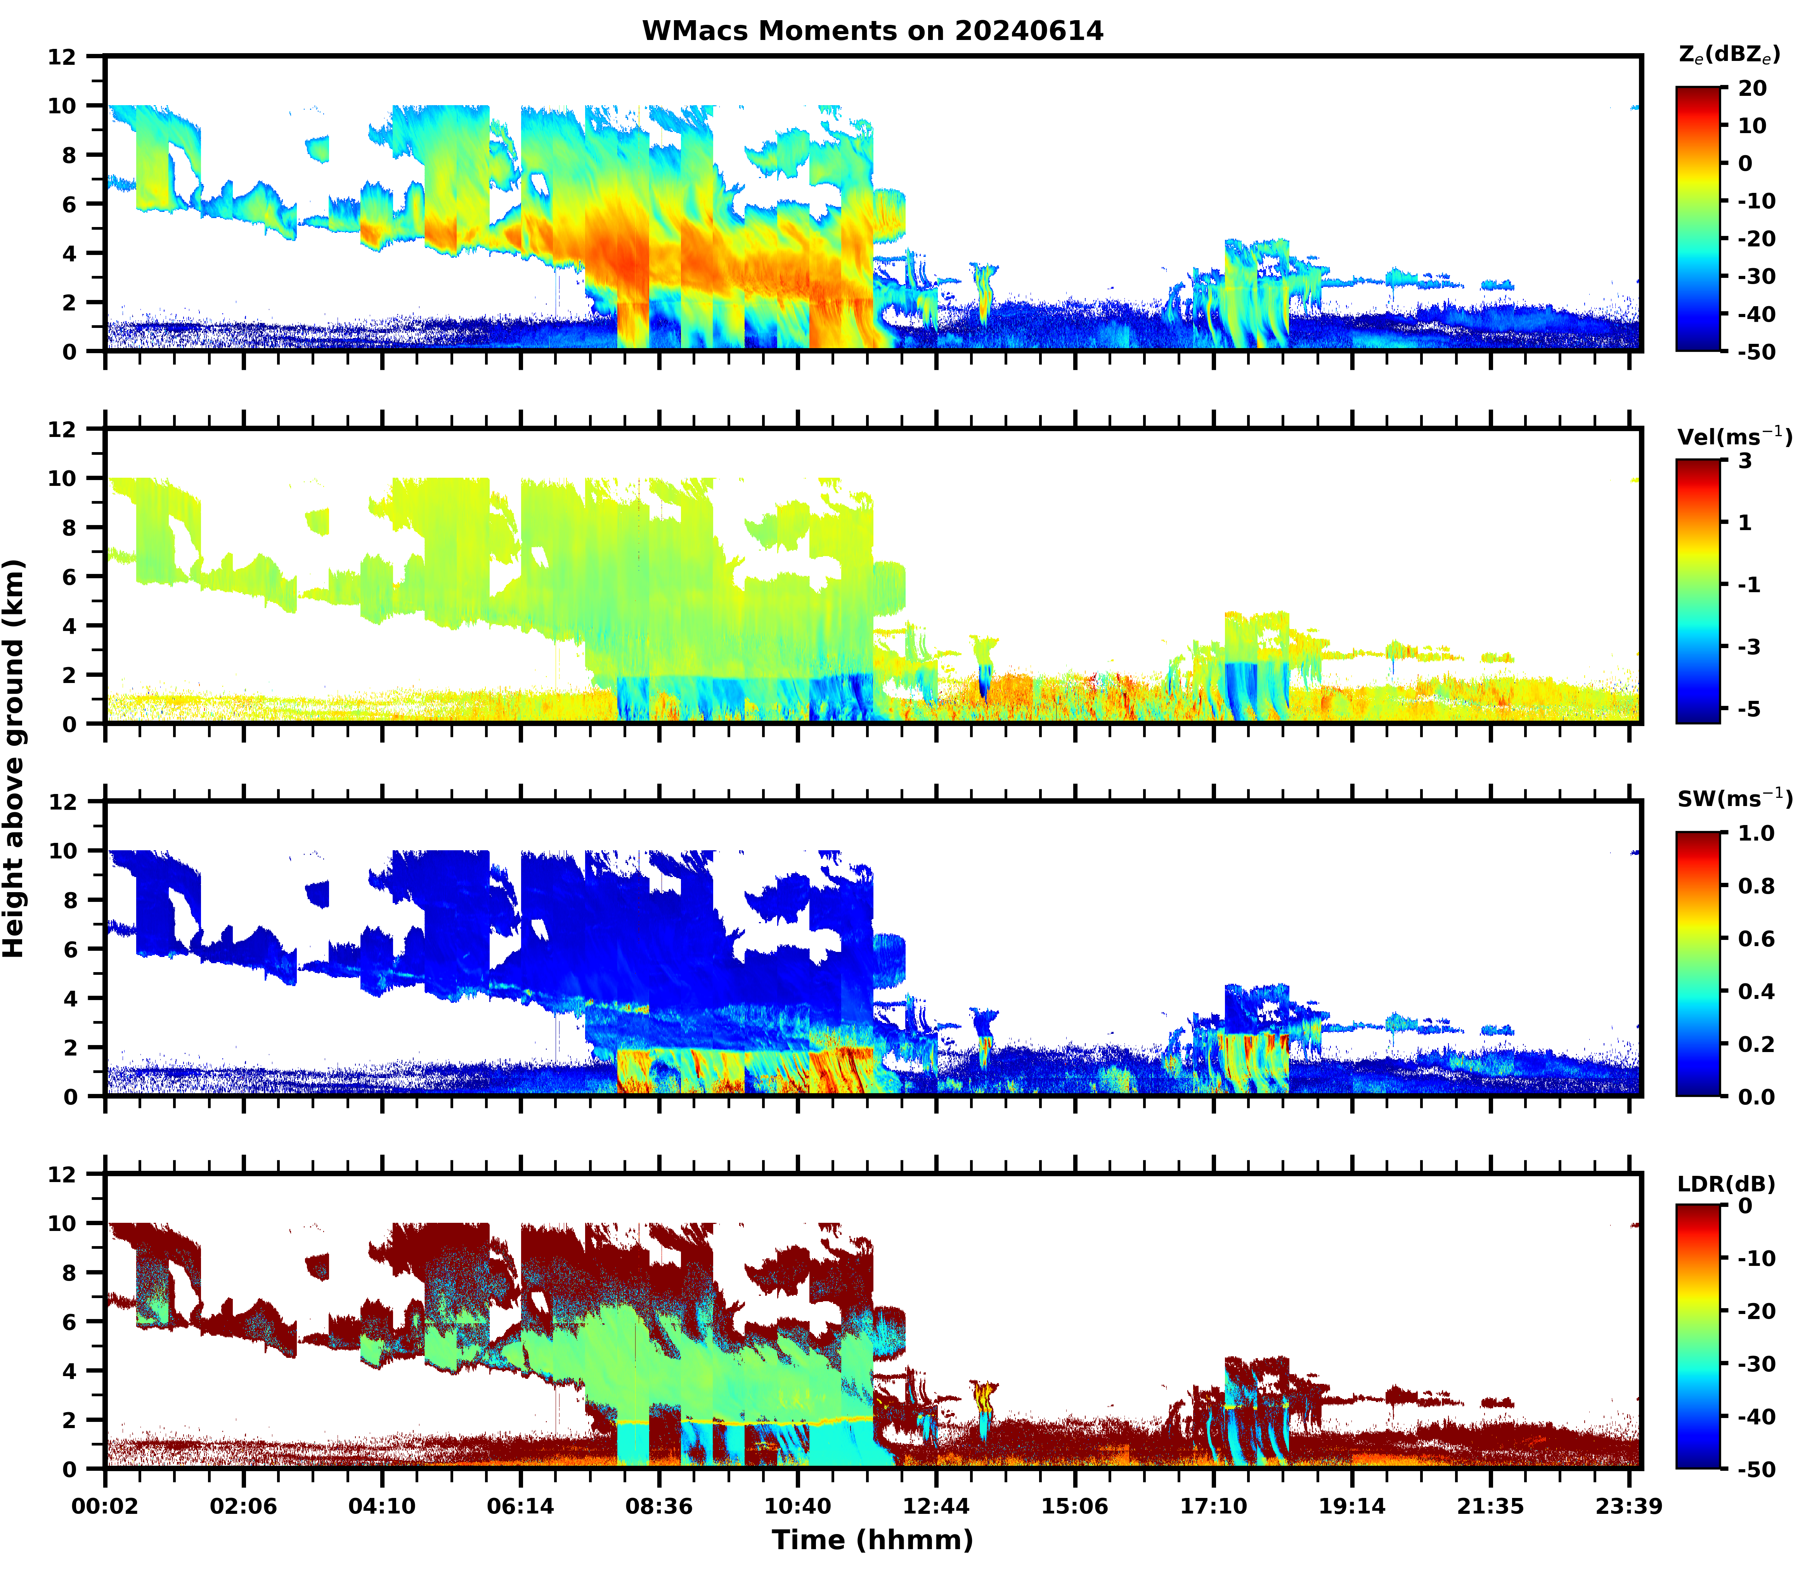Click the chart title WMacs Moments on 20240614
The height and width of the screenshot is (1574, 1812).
(872, 31)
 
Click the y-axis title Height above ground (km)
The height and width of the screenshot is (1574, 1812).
(14, 758)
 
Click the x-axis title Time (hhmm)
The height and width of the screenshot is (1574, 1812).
(872, 1540)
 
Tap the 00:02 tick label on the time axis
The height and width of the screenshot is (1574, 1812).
(106, 1506)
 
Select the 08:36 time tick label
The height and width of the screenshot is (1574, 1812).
(659, 1506)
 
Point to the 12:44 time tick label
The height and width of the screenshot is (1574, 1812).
(936, 1506)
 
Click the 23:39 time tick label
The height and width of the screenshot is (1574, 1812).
(1629, 1506)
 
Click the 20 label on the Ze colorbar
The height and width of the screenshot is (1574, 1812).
(1752, 89)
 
